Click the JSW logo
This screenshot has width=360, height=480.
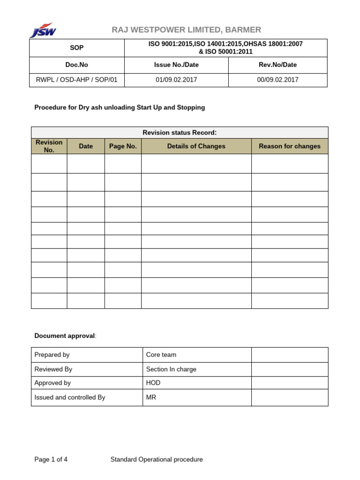pos(43,30)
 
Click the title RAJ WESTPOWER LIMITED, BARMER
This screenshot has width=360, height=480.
pos(186,30)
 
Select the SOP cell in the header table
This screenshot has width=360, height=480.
pos(77,48)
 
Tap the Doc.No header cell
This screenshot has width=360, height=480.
pos(77,65)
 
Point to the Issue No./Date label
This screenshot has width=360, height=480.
pos(176,65)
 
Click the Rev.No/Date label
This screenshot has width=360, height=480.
pos(277,65)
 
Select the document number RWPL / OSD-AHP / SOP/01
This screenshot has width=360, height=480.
pos(77,80)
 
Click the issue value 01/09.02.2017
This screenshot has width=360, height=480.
pos(176,80)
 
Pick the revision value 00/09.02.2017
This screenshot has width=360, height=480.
pos(277,80)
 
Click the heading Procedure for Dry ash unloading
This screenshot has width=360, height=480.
pos(120,107)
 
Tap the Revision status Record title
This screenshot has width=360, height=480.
pos(180,133)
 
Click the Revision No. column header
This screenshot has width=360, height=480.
pos(49,146)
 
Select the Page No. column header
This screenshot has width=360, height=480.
pos(123,146)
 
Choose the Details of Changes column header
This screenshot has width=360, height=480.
pos(196,146)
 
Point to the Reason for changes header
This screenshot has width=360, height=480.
pos(290,146)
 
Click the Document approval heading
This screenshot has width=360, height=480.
pos(65,336)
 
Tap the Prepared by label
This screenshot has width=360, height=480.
pos(52,355)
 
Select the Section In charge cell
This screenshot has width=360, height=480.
pos(171,369)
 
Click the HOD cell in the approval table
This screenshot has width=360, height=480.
pos(153,383)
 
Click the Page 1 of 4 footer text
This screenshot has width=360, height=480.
pos(51,459)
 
